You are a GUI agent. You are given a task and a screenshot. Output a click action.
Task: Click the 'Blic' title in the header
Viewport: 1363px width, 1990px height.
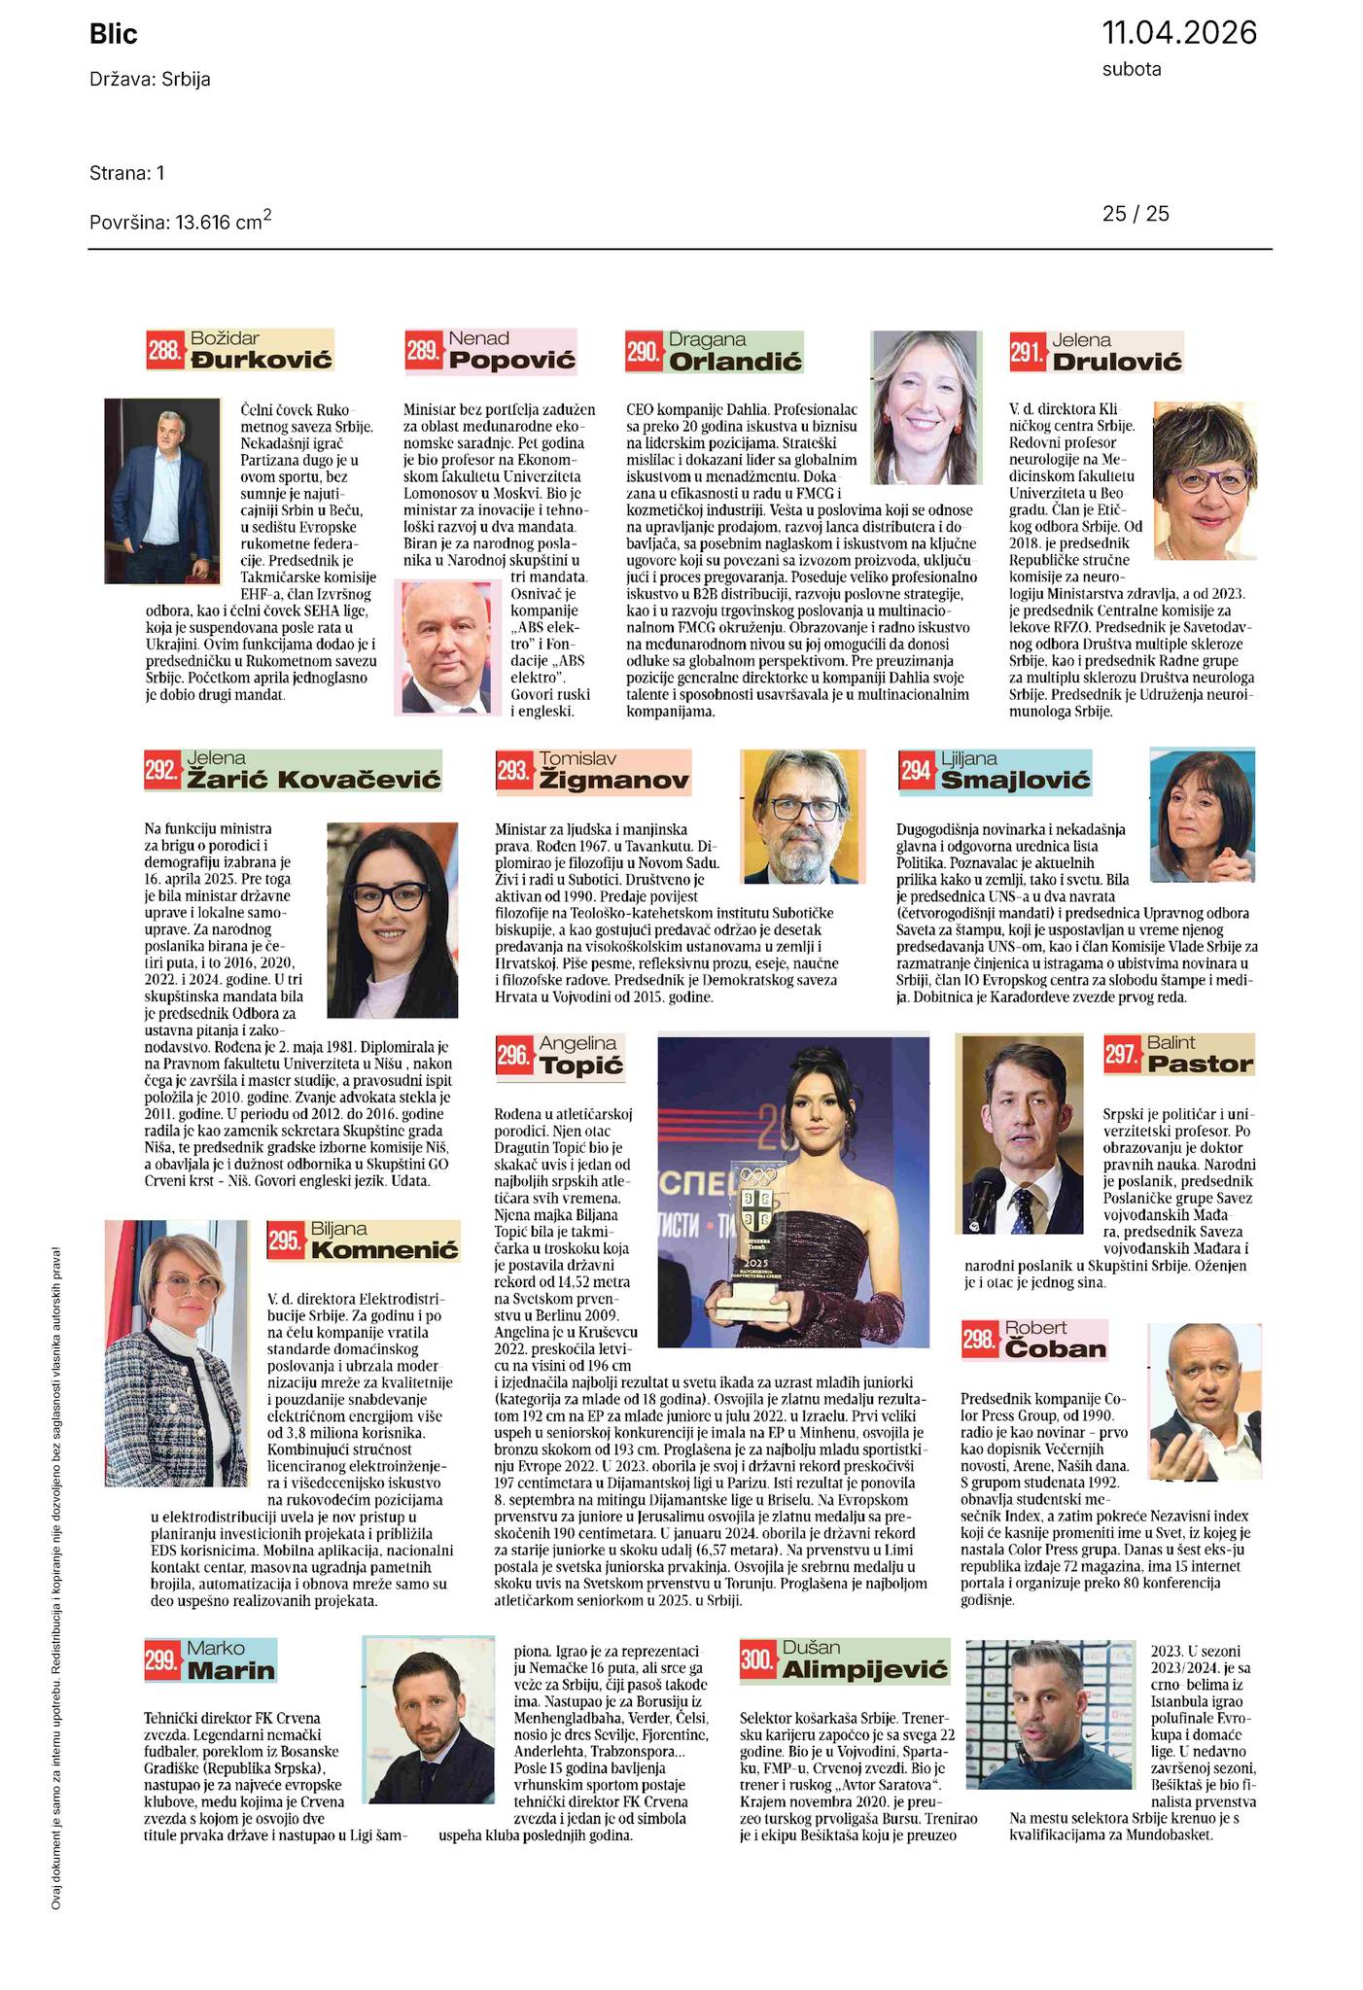click(x=114, y=35)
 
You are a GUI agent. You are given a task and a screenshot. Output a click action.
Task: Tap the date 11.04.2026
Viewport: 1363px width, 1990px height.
click(x=1178, y=33)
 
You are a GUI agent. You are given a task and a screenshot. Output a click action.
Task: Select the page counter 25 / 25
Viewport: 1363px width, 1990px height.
click(x=1136, y=214)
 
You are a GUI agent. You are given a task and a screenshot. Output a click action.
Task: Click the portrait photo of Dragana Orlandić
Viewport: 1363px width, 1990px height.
click(x=926, y=407)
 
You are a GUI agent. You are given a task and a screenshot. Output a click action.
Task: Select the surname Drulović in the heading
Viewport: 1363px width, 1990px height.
click(x=1117, y=363)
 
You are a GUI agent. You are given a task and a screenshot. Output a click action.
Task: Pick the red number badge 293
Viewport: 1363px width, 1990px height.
click(x=514, y=773)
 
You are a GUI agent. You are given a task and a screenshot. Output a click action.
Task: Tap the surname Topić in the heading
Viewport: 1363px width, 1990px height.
click(x=579, y=1066)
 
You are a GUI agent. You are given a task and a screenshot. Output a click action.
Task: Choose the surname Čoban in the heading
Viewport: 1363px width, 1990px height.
click(x=1055, y=1349)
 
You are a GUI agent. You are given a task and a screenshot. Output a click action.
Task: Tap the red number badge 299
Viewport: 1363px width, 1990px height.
click(x=162, y=1660)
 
